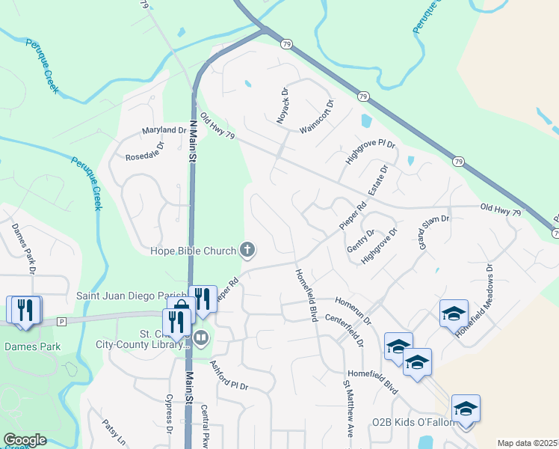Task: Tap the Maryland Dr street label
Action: tap(164, 131)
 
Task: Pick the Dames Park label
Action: tap(32, 346)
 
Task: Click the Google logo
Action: tap(25, 440)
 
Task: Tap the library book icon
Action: tap(200, 339)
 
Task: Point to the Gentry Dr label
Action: tap(360, 243)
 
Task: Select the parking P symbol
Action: tap(62, 321)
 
